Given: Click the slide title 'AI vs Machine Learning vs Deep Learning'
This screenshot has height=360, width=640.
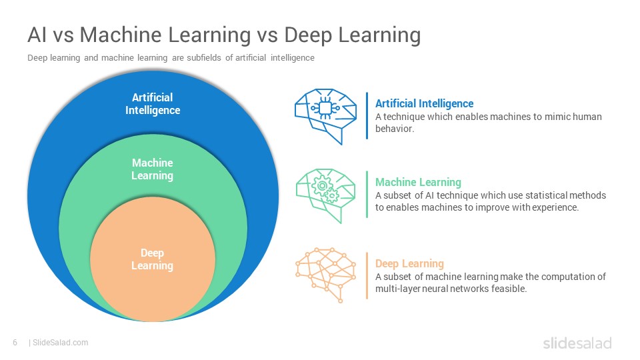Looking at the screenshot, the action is coord(224,35).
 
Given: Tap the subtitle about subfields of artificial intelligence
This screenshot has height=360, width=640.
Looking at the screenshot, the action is coord(171,58).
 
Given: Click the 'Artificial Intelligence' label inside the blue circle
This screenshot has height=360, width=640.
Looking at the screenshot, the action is coord(153,104).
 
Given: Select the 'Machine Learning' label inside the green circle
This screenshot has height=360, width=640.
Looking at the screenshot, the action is coord(152,169).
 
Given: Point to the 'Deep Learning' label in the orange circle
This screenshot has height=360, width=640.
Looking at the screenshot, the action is coord(152,259).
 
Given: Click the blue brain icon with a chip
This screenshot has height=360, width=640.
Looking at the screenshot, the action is coord(325,116).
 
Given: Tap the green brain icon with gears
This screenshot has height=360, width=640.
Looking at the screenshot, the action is coord(325,195).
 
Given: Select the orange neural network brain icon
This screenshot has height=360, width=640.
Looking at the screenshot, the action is coord(325,275).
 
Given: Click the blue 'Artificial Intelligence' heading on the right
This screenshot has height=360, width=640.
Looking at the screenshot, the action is coord(425,104).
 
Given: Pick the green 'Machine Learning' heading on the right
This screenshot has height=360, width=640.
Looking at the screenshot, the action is coord(419,182).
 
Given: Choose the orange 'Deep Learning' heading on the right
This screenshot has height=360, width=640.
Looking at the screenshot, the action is coord(409,264).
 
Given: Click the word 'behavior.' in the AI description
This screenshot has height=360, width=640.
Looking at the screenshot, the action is coord(395,129).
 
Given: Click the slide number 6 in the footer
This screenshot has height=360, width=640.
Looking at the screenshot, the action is coord(15,343).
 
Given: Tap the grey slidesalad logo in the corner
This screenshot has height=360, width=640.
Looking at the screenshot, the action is coord(577,343).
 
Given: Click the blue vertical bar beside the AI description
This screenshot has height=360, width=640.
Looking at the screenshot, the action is coord(367,116).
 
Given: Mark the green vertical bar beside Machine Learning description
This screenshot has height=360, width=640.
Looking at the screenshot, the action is coord(367,194).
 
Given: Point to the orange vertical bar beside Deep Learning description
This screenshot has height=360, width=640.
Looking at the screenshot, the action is coord(367,276).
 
